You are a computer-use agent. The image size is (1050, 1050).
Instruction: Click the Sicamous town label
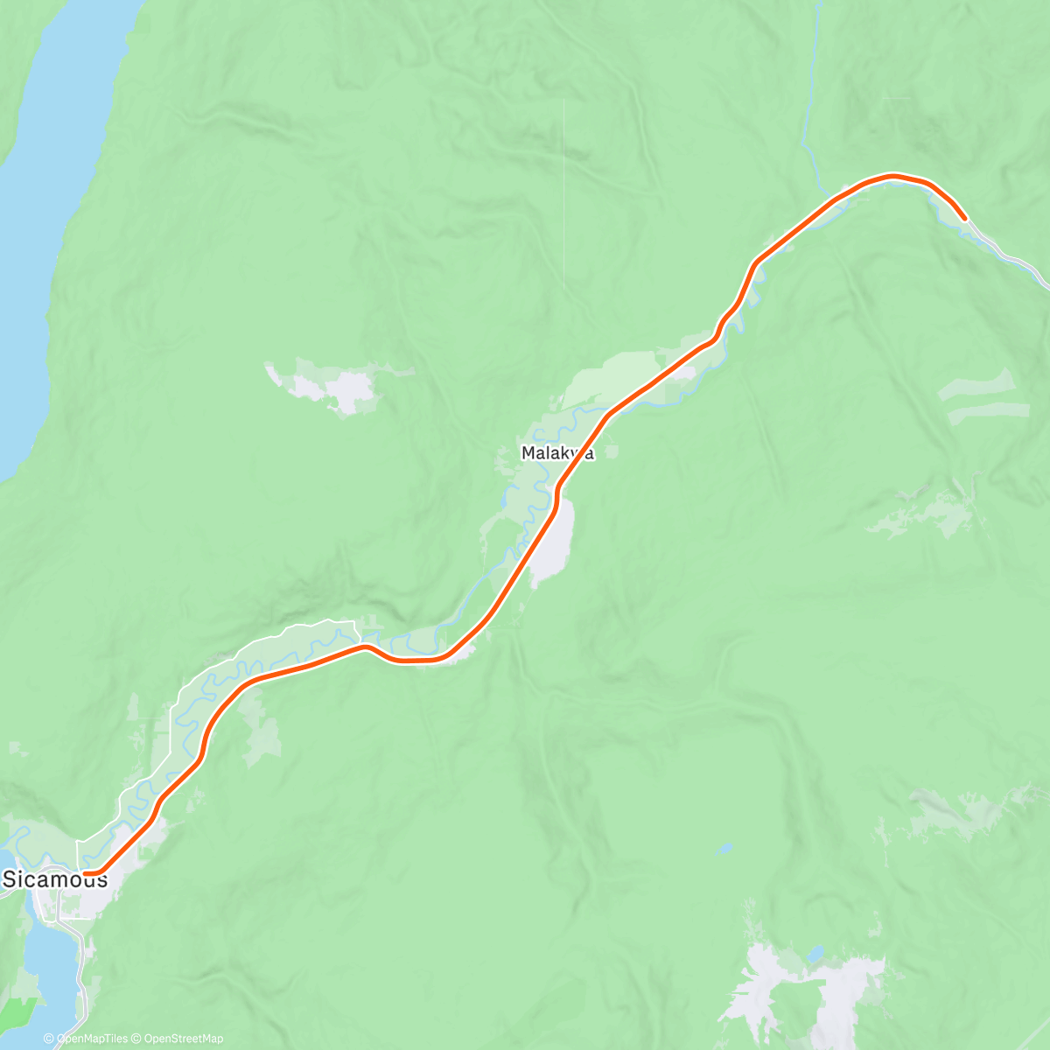[56, 879]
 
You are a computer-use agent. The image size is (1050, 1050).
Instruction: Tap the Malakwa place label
[557, 453]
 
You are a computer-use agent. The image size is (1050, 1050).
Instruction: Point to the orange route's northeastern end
[963, 217]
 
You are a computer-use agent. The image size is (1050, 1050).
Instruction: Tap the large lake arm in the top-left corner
[44, 219]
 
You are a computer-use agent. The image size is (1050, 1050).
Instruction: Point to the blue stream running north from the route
[809, 105]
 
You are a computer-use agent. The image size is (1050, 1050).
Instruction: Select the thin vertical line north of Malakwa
[563, 192]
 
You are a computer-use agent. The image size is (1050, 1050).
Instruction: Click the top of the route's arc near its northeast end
[892, 176]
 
